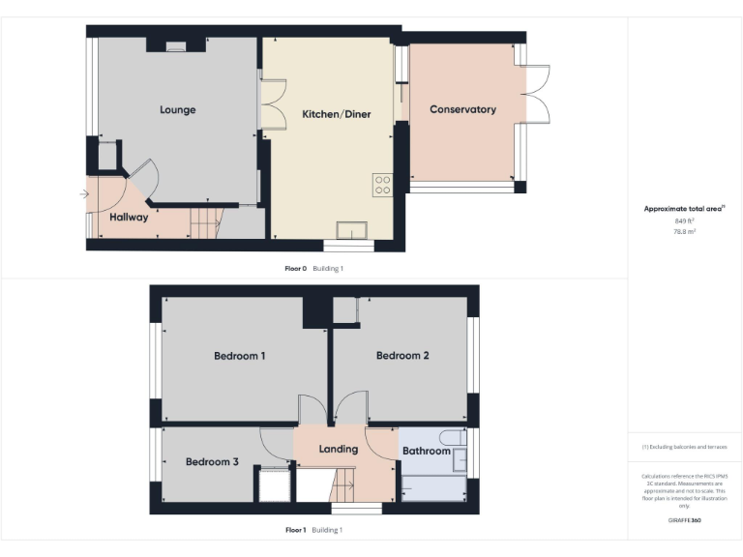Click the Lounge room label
click(x=177, y=109)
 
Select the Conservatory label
click(x=462, y=109)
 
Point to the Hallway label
click(x=129, y=218)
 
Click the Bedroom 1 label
click(x=239, y=356)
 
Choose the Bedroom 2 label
click(x=402, y=356)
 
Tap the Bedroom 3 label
click(x=212, y=462)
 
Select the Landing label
click(x=339, y=449)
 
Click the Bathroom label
click(x=427, y=452)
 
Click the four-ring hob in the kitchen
click(x=382, y=185)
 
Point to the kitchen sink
click(x=351, y=229)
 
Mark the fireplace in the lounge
click(x=175, y=44)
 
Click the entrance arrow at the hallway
click(x=85, y=194)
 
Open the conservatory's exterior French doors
click(x=537, y=94)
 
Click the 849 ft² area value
click(x=684, y=221)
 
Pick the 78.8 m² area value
click(x=684, y=232)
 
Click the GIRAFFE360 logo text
click(x=684, y=520)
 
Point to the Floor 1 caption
click(x=296, y=530)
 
